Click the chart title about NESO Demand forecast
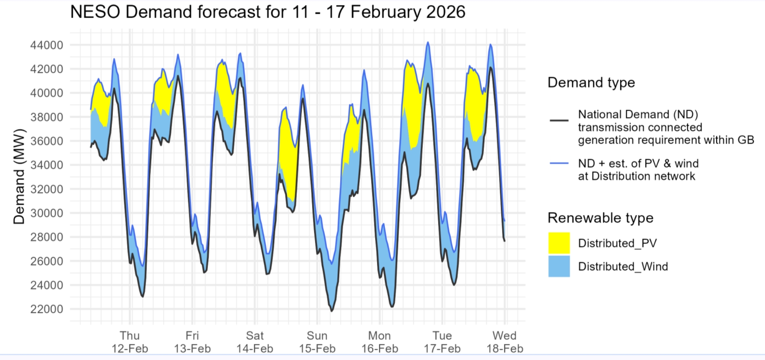click(267, 12)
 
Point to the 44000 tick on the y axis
click(47, 45)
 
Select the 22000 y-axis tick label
click(47, 309)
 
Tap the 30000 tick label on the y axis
click(47, 213)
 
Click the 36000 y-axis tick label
click(47, 141)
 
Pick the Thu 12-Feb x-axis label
click(130, 342)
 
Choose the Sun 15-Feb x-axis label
click(317, 342)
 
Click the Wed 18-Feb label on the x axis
click(505, 342)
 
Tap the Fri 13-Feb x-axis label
click(192, 342)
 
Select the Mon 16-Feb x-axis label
click(380, 342)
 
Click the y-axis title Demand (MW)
click(19, 177)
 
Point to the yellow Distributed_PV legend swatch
click(559, 243)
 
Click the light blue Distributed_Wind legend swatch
click(559, 266)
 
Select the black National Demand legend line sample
click(559, 121)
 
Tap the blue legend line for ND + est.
click(559, 164)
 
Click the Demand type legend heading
click(591, 83)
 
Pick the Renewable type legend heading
click(600, 218)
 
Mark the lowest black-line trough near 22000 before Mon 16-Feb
click(332, 311)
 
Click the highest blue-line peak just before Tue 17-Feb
click(428, 42)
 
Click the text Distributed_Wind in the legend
click(623, 266)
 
